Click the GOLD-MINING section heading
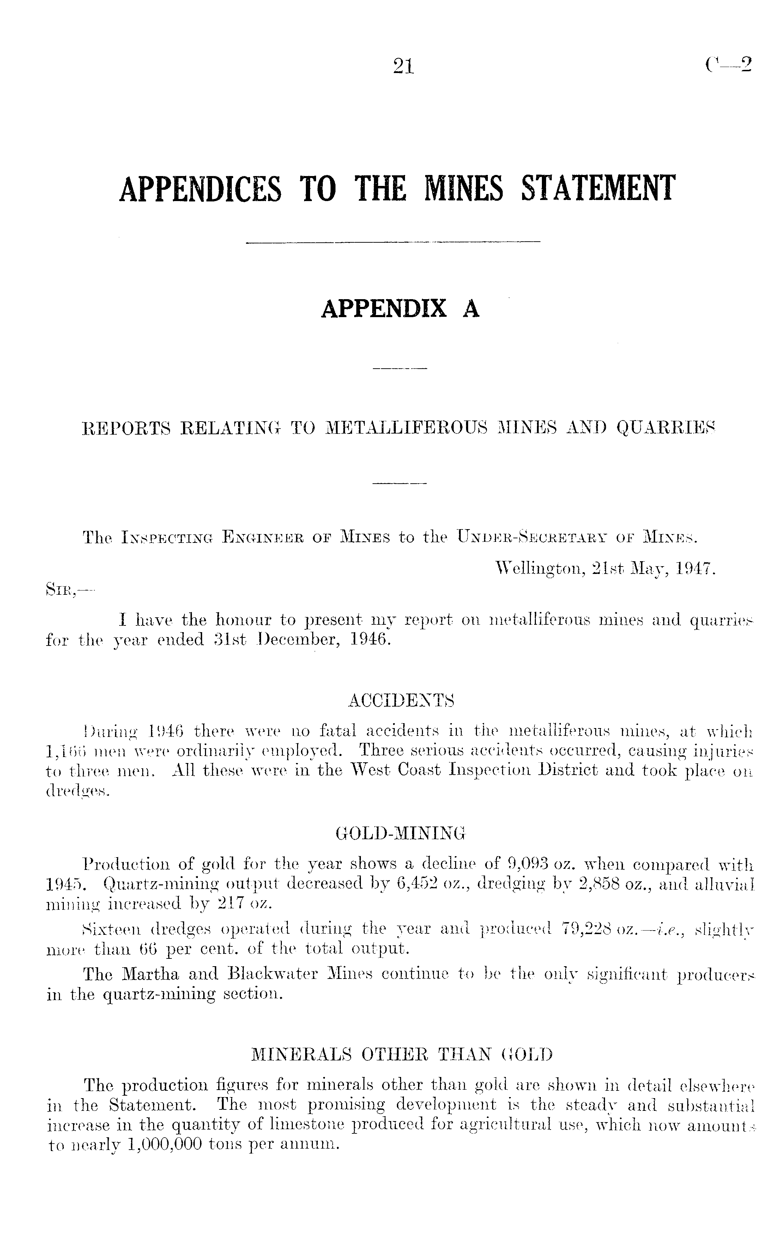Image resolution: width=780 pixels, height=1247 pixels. click(400, 833)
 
